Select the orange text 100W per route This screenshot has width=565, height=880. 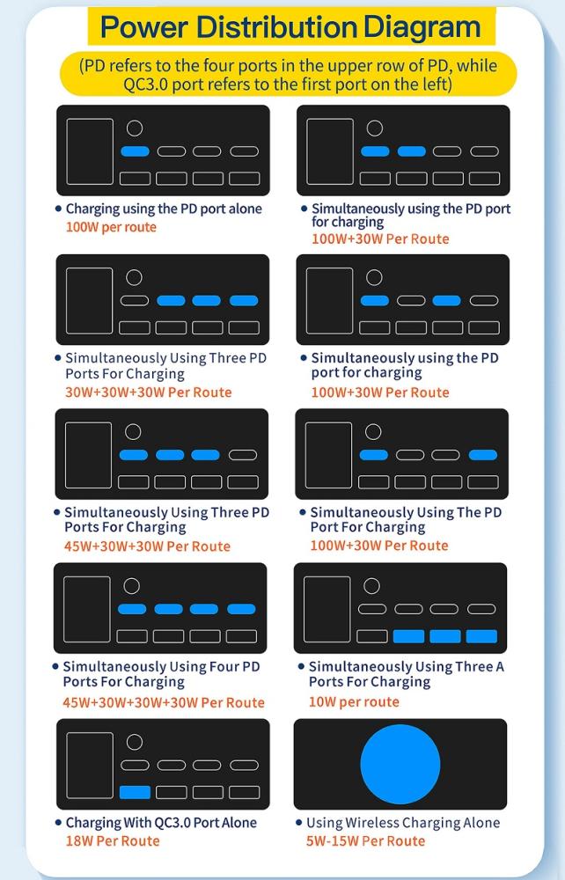[111, 227]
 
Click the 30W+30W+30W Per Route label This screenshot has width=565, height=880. [149, 392]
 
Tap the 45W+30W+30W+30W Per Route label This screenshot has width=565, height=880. [164, 702]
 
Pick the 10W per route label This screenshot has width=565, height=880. [354, 702]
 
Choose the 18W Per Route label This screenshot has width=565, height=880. [113, 840]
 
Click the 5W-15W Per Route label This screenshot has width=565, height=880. [365, 840]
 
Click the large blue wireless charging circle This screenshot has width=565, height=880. [400, 764]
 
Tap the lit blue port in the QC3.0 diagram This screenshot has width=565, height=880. [135, 792]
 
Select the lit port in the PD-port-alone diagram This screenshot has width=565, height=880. [135, 151]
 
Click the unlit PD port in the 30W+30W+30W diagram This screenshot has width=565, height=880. [135, 301]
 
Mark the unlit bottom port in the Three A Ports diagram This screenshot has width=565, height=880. [372, 636]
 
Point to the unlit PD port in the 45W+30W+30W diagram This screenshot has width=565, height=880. [243, 455]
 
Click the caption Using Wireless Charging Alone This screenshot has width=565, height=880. [403, 823]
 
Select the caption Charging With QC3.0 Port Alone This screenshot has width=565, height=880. [161, 823]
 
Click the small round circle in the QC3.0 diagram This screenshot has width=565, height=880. [134, 741]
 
